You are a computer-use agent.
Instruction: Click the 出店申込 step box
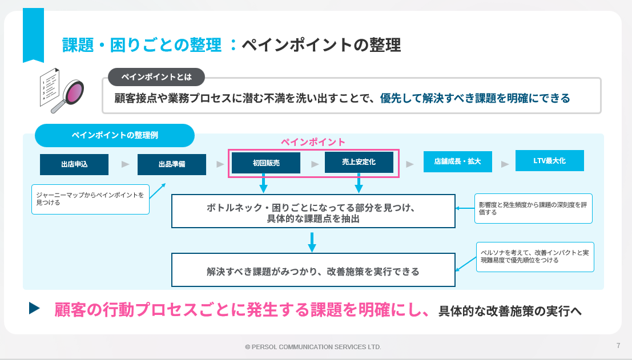74,164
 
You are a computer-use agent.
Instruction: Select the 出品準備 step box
172,164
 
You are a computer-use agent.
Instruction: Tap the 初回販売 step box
266,163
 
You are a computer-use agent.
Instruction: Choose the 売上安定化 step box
359,162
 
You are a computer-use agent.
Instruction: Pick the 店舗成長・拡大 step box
457,161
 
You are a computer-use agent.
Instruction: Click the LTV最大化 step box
549,161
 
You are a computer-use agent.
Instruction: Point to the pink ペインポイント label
313,142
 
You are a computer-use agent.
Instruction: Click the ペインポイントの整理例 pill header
115,135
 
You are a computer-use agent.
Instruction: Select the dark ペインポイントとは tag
156,77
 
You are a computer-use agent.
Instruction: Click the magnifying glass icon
69,96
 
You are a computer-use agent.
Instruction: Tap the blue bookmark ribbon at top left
33,35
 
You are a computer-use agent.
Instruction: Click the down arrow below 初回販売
263,183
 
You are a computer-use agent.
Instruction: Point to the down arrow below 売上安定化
359,183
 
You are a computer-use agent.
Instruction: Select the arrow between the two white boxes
312,242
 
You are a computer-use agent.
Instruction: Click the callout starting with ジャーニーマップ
90,199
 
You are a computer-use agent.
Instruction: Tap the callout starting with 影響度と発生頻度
533,209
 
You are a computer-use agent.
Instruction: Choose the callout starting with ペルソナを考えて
535,257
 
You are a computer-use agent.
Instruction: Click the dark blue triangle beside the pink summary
34,309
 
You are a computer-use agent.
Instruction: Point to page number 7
618,346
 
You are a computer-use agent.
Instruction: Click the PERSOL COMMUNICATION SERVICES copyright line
313,347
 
